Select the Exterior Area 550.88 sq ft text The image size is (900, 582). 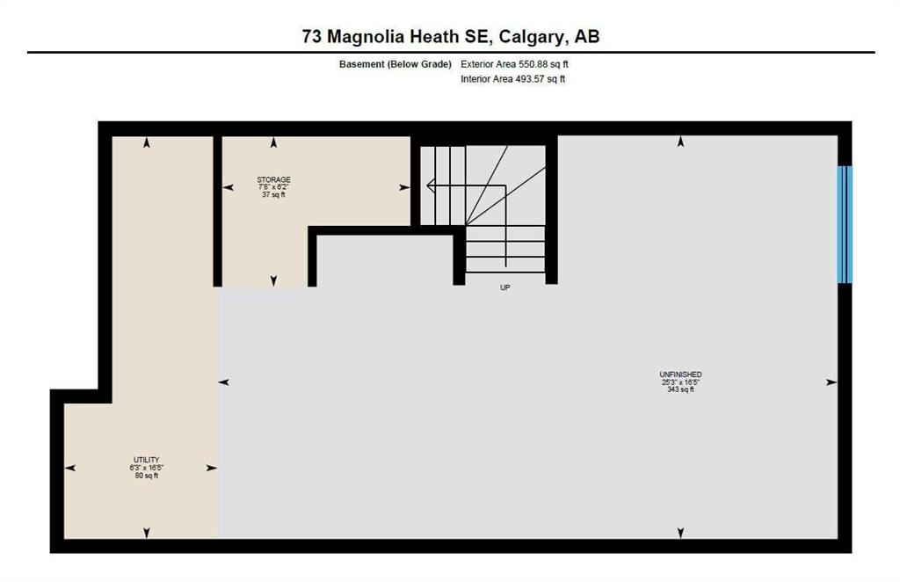pos(514,64)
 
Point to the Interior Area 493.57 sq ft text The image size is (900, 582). pos(512,79)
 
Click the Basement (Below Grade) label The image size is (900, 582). pos(395,64)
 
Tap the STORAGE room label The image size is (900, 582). pos(274,179)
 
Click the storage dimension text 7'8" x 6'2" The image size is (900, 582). pos(274,187)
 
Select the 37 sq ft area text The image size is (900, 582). pos(274,194)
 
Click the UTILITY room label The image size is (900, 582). pos(147,460)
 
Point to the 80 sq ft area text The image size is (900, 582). pos(147,476)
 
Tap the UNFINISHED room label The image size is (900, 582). pos(681,375)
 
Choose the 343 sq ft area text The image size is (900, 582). pos(681,389)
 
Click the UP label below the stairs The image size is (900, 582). pos(505,287)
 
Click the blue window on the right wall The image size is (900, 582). pos(845,224)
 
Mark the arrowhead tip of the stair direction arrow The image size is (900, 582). pos(426,186)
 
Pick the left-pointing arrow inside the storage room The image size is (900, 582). pos(229,187)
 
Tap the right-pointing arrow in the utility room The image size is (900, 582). pos(211,469)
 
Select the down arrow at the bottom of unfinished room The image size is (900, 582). pos(681,534)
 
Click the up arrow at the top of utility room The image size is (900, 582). pos(147,143)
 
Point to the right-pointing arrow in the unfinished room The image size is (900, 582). pos(831,382)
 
